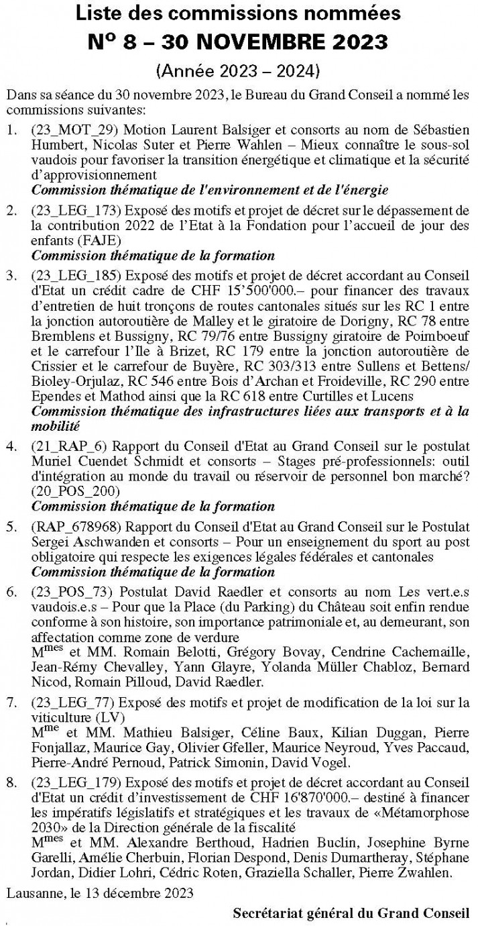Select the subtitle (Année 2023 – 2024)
(239, 70)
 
